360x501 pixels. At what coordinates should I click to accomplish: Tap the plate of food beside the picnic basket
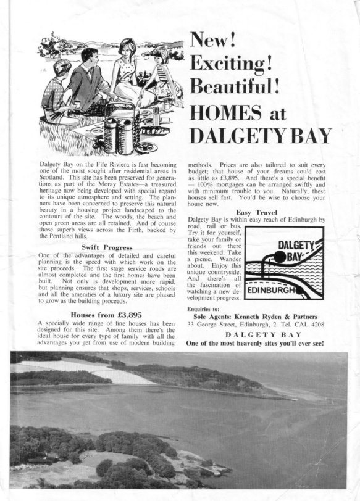[146, 147]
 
